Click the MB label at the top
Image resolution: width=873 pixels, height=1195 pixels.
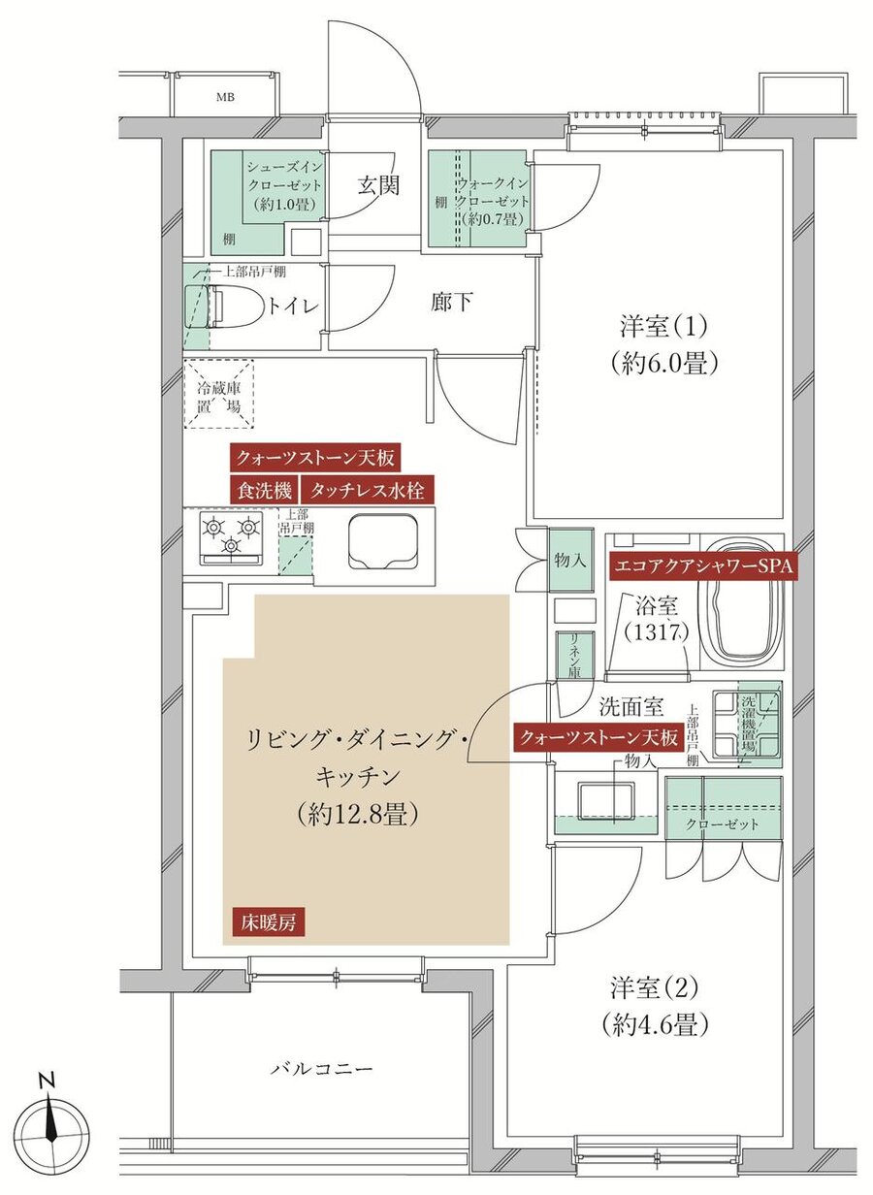[x=226, y=97]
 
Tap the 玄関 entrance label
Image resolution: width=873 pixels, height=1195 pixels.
[x=377, y=185]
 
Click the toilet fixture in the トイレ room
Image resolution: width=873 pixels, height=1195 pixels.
[x=215, y=307]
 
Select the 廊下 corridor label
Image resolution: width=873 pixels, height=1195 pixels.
[x=452, y=303]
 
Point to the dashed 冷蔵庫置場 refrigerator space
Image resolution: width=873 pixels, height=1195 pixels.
[x=218, y=393]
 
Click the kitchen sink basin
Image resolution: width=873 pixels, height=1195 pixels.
[x=381, y=543]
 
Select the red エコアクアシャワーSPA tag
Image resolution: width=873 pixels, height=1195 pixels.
[x=701, y=565]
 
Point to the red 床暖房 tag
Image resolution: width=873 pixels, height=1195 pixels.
[x=269, y=922]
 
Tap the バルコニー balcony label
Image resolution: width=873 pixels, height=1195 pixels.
[x=321, y=1069]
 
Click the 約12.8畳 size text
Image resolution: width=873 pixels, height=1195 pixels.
[x=358, y=814]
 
